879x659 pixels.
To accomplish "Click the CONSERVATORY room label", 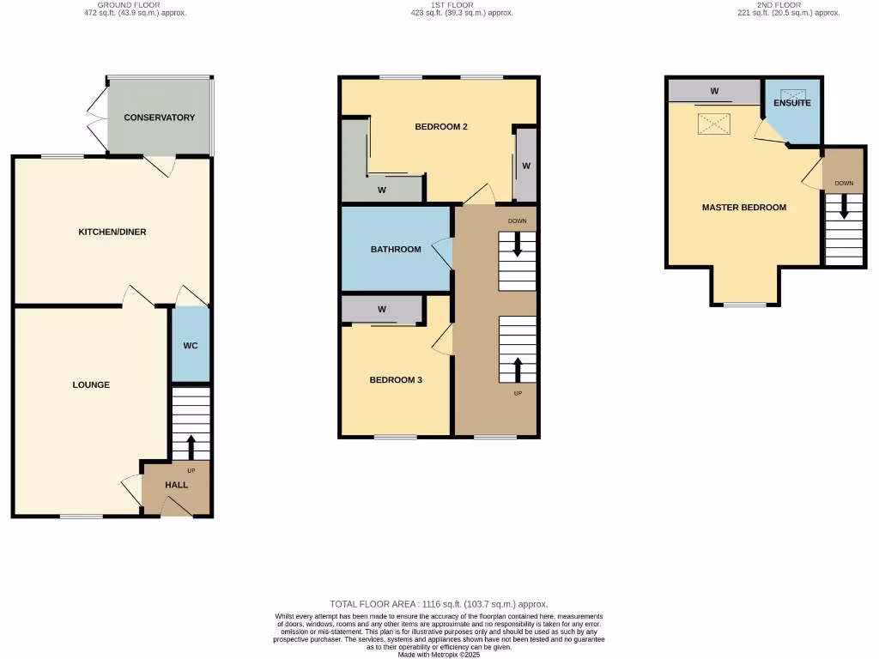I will point(159,118).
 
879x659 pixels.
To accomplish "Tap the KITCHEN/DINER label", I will point(112,232).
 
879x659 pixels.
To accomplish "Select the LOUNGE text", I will point(91,384).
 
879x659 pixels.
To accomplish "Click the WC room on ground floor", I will point(191,346).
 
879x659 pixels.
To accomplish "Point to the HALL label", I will point(177,485).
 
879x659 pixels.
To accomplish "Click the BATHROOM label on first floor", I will point(396,250).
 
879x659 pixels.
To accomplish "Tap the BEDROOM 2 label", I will point(440,127).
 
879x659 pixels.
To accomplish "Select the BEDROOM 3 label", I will point(396,380).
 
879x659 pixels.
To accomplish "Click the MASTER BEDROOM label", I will point(743,207).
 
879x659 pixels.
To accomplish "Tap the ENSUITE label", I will point(791,103).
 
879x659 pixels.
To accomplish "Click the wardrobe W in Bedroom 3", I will point(381,309).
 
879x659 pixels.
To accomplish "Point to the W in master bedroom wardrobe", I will point(714,91).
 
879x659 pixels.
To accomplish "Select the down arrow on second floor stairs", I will point(844,207).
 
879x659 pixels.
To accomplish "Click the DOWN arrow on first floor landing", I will point(517,246).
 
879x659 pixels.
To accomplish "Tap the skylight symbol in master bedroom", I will point(713,125).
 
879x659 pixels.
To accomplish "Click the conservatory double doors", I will point(96,117).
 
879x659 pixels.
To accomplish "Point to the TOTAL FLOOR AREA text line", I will point(439,604).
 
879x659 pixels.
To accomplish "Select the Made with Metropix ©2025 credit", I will point(439,654).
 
